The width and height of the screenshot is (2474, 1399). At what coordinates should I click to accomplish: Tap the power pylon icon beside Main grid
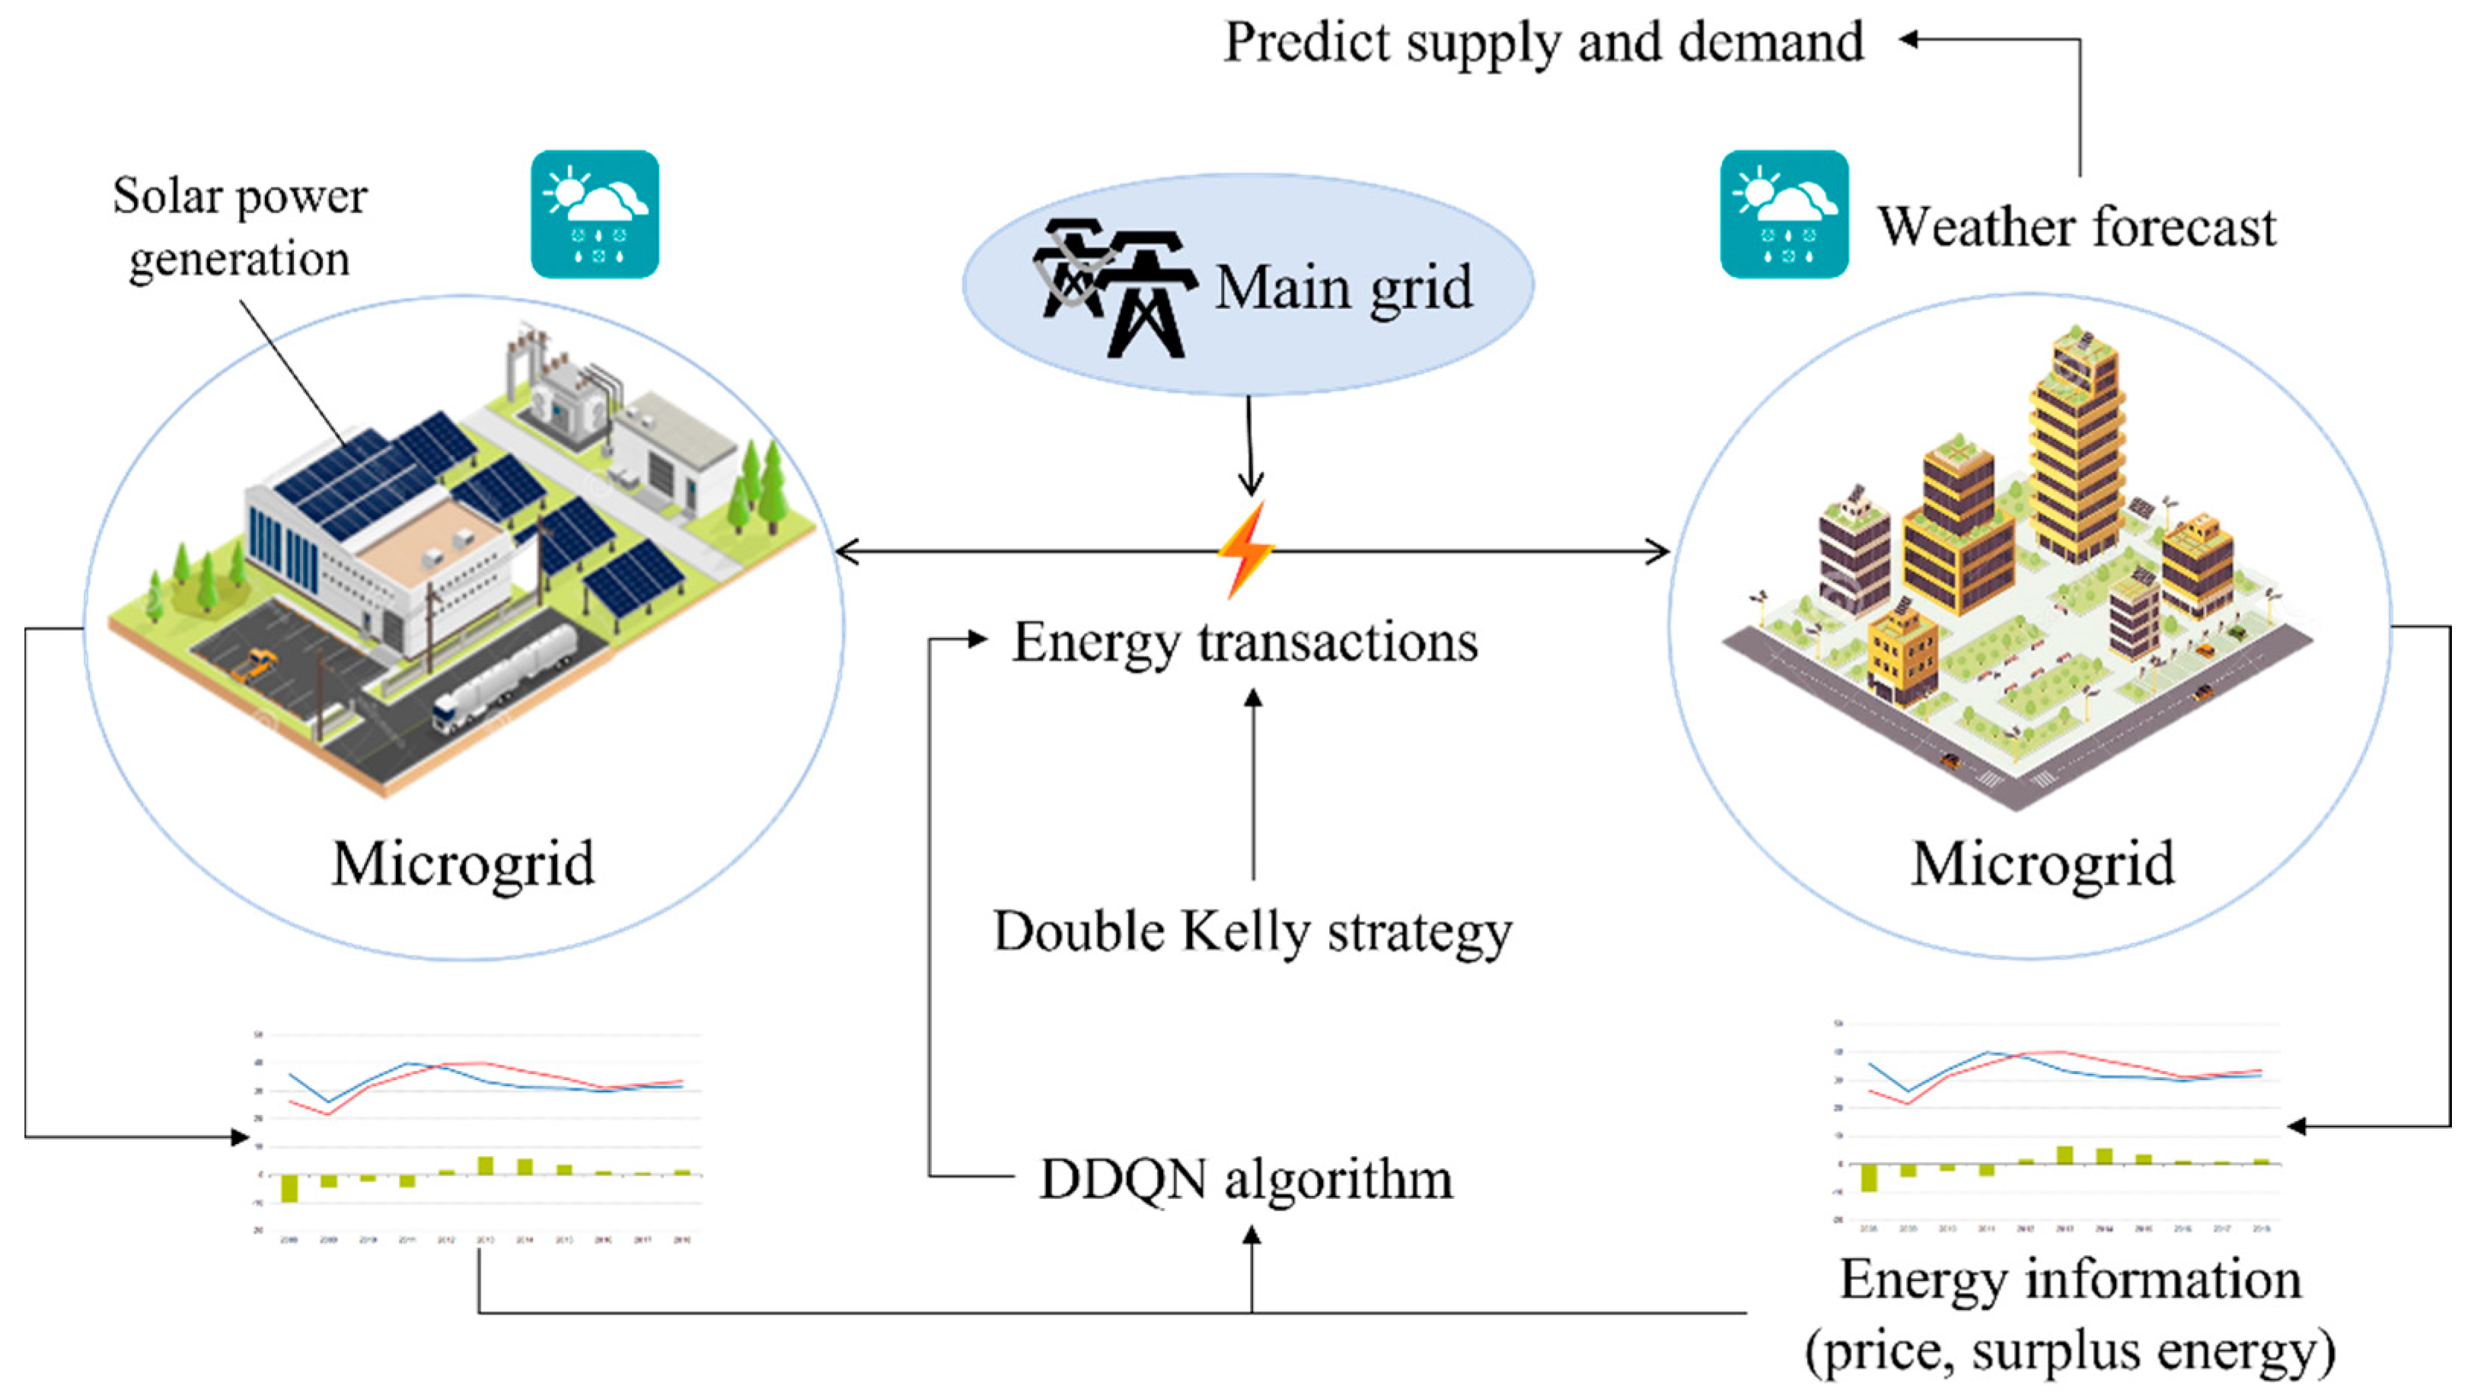tap(1114, 288)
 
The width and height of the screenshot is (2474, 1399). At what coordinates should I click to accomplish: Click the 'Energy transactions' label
tap(1245, 642)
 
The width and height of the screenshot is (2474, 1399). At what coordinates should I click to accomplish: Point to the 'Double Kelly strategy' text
tap(1252, 931)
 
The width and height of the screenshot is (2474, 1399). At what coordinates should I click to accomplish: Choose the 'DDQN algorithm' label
tap(1246, 1179)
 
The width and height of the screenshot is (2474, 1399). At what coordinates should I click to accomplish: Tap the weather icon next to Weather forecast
tap(1784, 215)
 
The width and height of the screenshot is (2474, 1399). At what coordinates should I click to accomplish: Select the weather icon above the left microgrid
tap(595, 215)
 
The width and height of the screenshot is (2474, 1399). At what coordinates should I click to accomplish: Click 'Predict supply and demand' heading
tap(1543, 43)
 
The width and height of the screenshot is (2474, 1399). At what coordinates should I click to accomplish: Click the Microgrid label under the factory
tap(463, 864)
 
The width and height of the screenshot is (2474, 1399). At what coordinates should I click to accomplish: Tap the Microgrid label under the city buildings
tap(2042, 864)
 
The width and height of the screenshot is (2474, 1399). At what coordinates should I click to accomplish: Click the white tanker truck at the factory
tap(505, 673)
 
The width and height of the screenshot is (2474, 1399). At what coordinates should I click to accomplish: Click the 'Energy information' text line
tap(2071, 1279)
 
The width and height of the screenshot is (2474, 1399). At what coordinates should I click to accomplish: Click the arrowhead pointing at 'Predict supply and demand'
tap(1910, 40)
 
